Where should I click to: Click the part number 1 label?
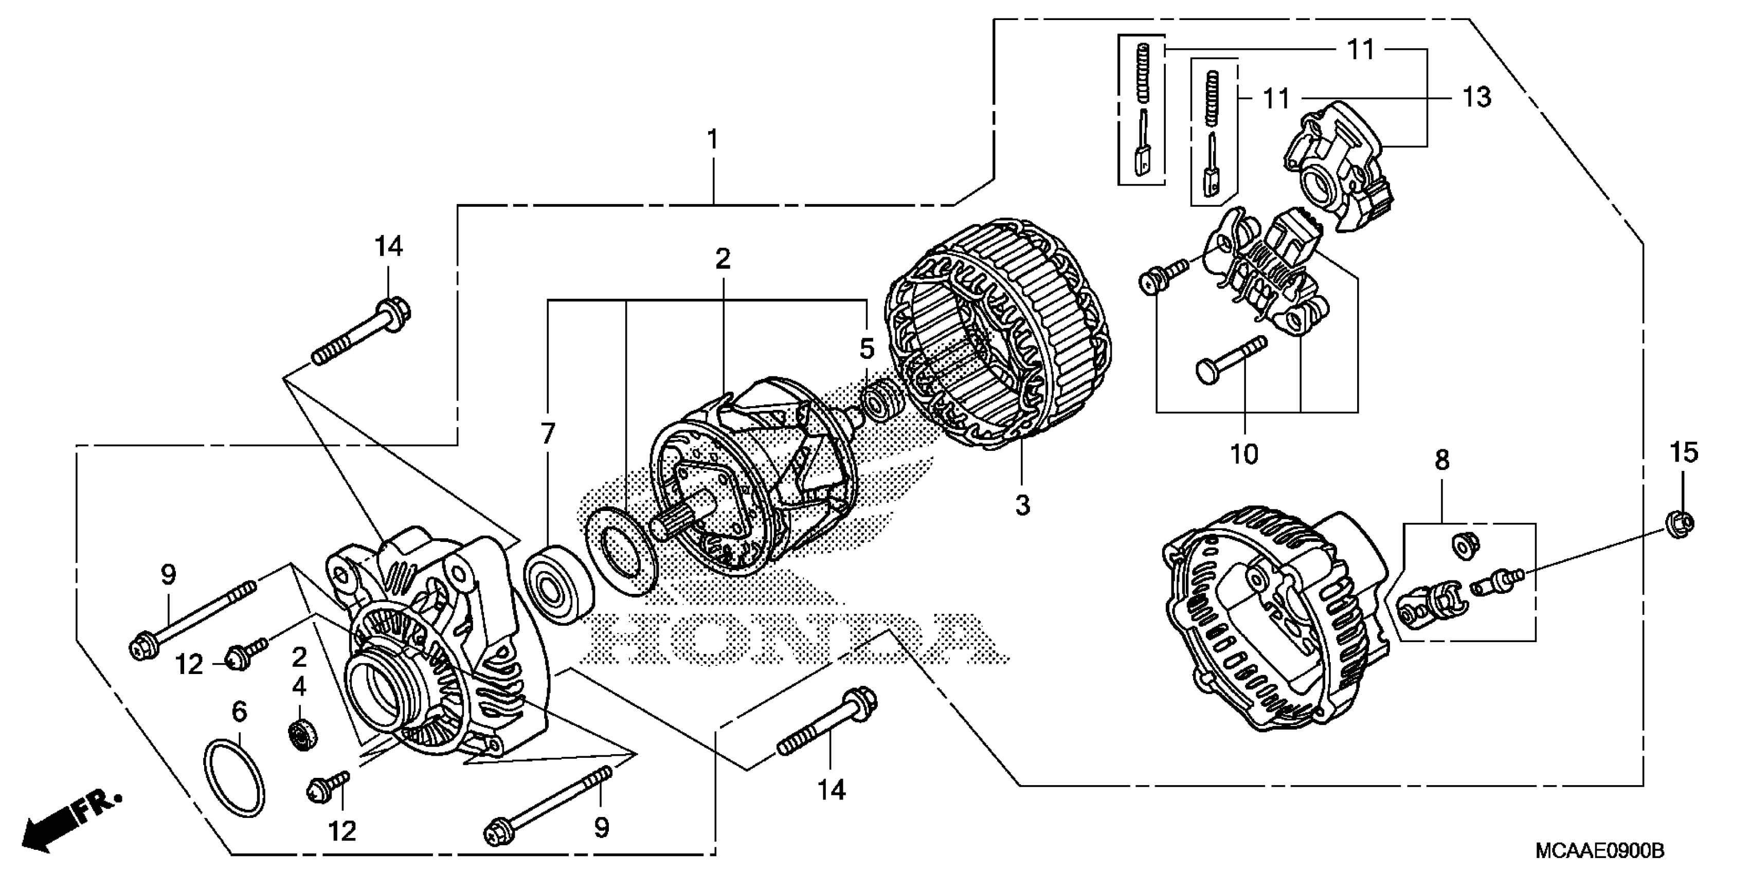click(x=712, y=140)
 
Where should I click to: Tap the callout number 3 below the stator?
click(x=1022, y=505)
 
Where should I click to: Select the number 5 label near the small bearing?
click(x=866, y=349)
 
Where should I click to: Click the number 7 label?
click(x=548, y=434)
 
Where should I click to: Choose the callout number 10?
click(x=1244, y=453)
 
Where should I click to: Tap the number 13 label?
click(x=1476, y=97)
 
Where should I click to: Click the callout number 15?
click(x=1684, y=452)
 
